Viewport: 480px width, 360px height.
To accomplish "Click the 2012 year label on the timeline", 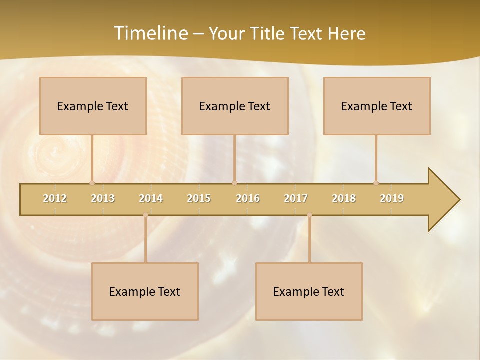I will click(55, 198).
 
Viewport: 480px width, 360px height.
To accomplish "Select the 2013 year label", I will click(103, 198).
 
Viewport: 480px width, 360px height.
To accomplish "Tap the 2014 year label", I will click(151, 198).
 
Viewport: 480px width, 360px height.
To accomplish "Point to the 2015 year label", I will click(199, 198).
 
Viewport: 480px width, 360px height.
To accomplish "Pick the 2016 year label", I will click(248, 198).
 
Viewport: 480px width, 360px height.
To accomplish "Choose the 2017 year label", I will click(296, 198).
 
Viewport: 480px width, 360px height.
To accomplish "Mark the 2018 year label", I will click(344, 198).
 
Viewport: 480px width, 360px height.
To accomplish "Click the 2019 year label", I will click(392, 198).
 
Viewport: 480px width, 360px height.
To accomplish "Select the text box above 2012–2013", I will click(93, 106).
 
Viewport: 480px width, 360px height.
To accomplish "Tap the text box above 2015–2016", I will click(235, 106).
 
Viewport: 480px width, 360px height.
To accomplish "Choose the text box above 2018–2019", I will click(377, 106).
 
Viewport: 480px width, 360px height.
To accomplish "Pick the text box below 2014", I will click(145, 291).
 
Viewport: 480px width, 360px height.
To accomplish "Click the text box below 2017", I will click(309, 291).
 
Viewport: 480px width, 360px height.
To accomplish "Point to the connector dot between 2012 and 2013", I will click(92, 183).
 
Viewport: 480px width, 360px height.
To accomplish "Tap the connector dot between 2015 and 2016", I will click(235, 183).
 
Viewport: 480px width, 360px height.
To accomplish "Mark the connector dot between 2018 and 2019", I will click(376, 183).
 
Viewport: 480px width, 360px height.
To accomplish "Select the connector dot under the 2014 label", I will click(145, 215).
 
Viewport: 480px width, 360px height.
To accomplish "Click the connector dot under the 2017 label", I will click(309, 215).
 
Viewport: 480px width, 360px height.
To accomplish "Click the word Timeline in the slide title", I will click(150, 33).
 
